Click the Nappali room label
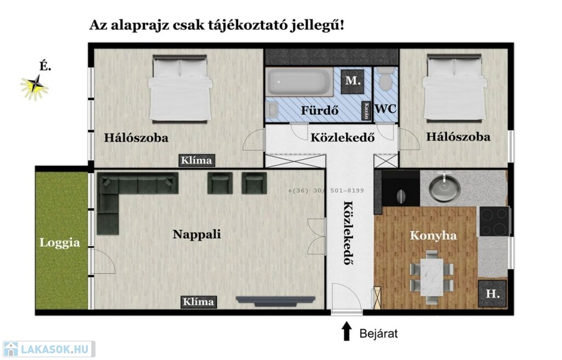[197, 234]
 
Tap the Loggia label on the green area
[60, 243]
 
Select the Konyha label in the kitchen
[434, 235]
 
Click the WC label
[385, 109]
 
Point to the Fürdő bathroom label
[320, 110]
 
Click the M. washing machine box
[353, 81]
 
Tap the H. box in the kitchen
[492, 294]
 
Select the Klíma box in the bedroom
[197, 160]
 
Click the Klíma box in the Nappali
[198, 301]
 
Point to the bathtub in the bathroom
[300, 82]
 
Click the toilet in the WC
[386, 78]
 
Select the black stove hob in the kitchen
[494, 221]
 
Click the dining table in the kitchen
[432, 277]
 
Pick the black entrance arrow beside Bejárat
[346, 330]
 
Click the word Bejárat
[379, 334]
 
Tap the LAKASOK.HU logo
[49, 349]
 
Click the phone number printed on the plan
[326, 190]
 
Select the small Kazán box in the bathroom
[366, 110]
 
